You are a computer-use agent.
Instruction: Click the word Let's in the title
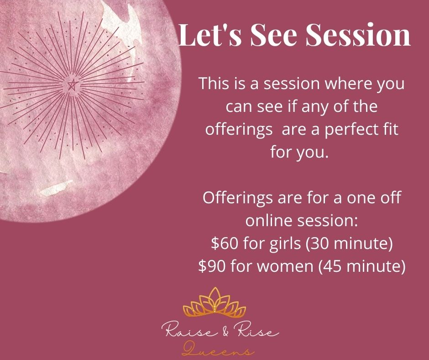(210, 35)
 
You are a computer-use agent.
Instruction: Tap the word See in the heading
(273, 35)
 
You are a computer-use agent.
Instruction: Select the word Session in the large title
(358, 35)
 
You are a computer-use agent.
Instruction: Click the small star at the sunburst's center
(72, 85)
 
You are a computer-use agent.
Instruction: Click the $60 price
(225, 243)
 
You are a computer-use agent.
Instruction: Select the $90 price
(212, 266)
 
